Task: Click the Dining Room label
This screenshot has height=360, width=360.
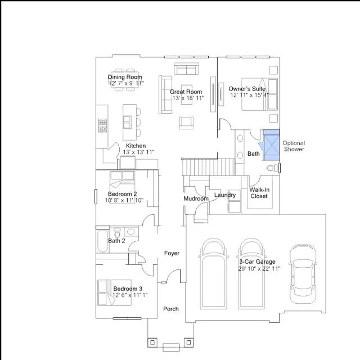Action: coord(125,77)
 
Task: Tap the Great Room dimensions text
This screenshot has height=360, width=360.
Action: coord(188,98)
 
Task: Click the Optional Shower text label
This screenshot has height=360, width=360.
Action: coord(294,146)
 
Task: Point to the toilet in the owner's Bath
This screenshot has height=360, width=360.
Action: coord(273,168)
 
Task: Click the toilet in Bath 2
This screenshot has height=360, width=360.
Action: coord(117,232)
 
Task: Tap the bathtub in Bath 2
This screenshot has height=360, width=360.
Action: coord(102,241)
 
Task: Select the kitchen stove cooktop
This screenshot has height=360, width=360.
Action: coord(102,125)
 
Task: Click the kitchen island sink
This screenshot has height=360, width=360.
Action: coord(128,122)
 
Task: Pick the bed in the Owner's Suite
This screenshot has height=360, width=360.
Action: coord(259,94)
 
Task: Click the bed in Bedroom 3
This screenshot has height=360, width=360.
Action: coord(114,292)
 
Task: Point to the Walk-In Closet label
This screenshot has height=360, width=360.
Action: coord(259,193)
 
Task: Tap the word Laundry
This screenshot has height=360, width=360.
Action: coord(225,195)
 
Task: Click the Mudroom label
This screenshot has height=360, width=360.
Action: coord(196,199)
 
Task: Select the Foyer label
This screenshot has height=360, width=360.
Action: coord(172,253)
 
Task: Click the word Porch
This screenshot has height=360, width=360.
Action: coord(171,309)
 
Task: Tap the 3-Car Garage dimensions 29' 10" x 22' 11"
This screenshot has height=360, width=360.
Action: coord(259,268)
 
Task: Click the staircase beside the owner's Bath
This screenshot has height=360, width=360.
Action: coord(209,167)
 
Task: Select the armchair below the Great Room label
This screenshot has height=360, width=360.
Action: coord(186,123)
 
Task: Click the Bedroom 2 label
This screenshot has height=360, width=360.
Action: coord(123,194)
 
